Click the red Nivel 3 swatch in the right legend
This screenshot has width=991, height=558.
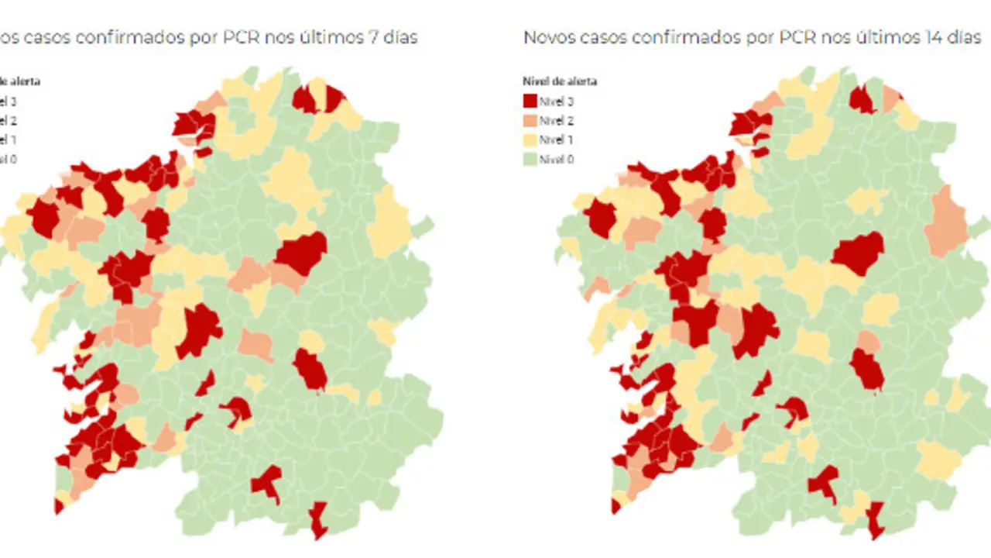(530, 101)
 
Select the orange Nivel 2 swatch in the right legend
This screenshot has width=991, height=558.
(530, 120)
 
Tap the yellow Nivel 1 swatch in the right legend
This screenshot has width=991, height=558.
(530, 139)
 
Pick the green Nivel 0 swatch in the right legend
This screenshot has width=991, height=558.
(530, 159)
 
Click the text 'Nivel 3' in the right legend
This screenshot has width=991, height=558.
(557, 101)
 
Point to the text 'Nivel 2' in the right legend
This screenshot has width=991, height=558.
(557, 120)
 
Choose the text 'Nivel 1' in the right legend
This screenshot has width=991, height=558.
(557, 139)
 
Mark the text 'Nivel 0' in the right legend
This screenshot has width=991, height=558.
(557, 159)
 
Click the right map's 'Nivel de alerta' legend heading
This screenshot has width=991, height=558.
(560, 81)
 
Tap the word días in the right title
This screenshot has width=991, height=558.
(965, 37)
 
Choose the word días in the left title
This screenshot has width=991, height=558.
(400, 37)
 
